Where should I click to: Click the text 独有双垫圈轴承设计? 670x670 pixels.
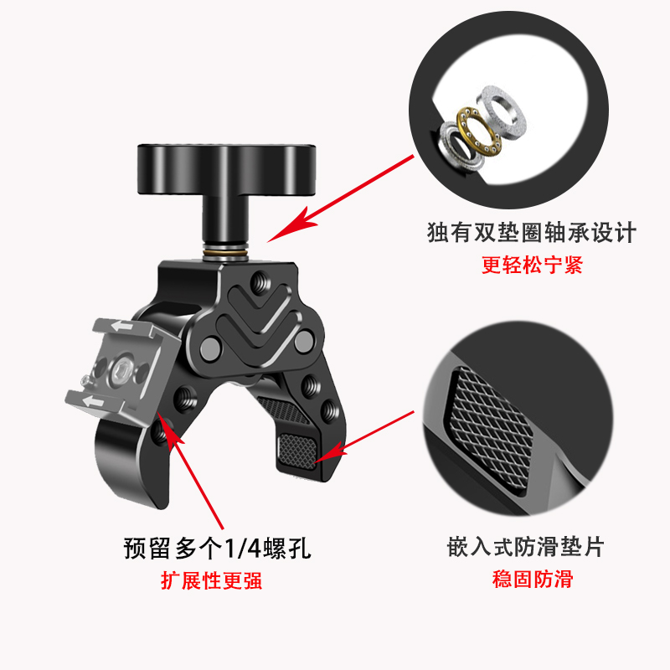coord(531,232)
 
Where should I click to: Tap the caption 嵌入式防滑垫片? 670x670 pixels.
coord(525,549)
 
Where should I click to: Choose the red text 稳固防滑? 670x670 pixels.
coord(525,580)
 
